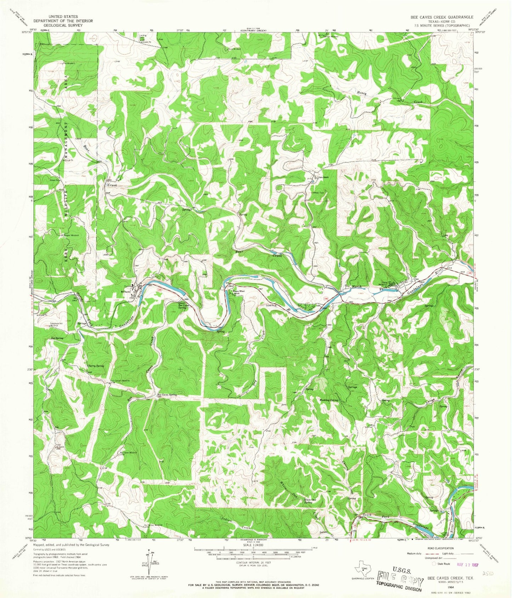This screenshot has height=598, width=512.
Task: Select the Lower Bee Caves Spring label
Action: [182, 306]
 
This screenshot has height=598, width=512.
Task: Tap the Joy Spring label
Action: [57, 338]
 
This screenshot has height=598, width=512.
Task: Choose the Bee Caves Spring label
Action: [167, 395]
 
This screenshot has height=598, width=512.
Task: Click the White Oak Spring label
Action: [308, 501]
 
